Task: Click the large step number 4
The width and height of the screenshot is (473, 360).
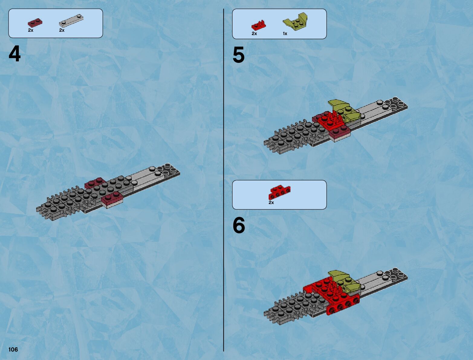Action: coord(15,54)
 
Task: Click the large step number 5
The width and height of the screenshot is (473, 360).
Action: coord(238,55)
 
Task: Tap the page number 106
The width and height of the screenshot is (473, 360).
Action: coord(13,349)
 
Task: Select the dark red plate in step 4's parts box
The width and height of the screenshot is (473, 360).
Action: coord(35,23)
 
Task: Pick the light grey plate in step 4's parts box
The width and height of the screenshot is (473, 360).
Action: coord(71,21)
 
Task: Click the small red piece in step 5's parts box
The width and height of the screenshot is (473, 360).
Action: coord(259,25)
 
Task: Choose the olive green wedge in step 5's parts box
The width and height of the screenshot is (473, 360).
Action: coord(295,21)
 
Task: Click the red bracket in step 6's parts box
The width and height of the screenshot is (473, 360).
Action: coord(279,192)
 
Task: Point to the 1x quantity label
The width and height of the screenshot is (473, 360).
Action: coord(285,34)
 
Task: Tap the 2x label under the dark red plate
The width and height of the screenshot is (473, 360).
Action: coord(31,30)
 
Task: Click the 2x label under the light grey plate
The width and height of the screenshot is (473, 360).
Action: coord(62,30)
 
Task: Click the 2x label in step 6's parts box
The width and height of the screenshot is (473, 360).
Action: coord(271,203)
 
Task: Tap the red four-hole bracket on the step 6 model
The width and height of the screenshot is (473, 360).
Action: coord(343,307)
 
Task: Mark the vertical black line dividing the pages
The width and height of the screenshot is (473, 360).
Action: coord(224,180)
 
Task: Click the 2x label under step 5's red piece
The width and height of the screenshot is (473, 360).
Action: coord(254,34)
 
